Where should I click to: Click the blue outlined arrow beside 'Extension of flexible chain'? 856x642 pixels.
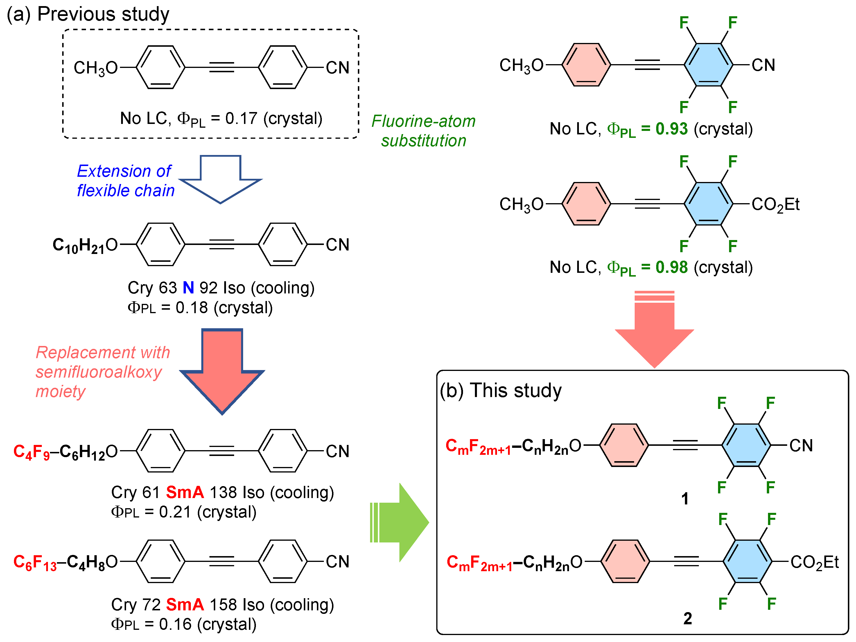[220, 179]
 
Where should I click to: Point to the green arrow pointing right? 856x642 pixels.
[401, 522]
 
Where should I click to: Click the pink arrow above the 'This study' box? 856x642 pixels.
[654, 329]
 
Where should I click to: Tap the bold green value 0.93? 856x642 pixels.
[672, 129]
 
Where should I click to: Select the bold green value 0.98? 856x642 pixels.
[672, 267]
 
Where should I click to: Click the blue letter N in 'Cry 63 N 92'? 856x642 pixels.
[188, 288]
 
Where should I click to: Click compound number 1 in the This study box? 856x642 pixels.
[685, 499]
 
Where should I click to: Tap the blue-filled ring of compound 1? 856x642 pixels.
[746, 445]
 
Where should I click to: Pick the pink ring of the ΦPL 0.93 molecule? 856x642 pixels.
[586, 65]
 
